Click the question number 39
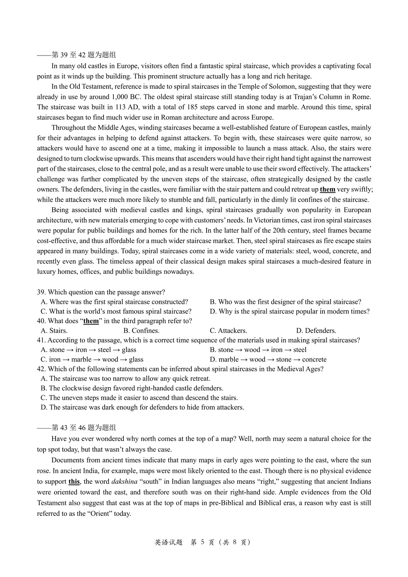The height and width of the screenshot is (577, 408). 41,292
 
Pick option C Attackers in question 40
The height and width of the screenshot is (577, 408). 228,330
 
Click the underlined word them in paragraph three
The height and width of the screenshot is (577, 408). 328,190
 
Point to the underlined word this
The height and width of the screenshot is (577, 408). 74,481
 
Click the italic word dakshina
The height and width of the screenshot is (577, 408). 124,481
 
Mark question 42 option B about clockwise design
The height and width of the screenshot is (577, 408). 132,388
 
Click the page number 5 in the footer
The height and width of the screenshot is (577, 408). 202,542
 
